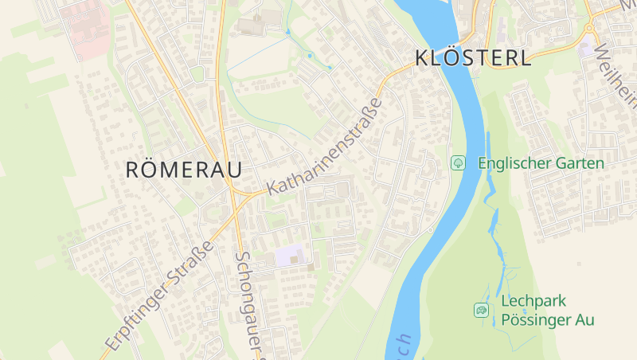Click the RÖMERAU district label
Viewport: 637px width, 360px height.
183,169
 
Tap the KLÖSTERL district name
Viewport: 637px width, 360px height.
472,58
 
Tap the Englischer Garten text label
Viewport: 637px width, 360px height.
541,162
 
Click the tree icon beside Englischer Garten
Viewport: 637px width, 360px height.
459,162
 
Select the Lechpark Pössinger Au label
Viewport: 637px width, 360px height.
548,311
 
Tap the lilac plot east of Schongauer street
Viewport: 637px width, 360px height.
290,256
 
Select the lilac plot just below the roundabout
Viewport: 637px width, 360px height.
588,48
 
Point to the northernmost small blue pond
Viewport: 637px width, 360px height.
287,32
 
